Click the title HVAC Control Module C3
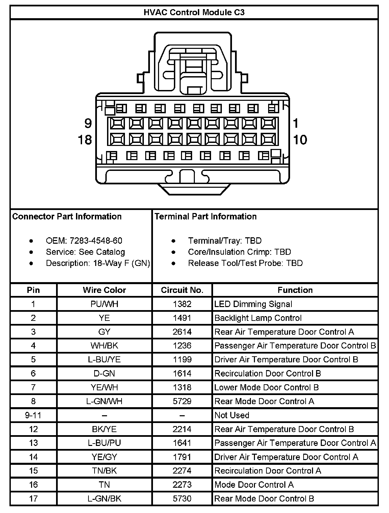194,12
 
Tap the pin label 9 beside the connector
88,124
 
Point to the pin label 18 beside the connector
85,139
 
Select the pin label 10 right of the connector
300,140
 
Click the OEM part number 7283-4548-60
96,241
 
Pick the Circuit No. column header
182,290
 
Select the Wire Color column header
104,290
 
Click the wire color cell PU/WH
104,304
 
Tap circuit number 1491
182,318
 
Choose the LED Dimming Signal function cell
253,304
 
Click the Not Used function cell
232,415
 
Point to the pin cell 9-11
33,415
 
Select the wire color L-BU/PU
104,443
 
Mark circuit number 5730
182,499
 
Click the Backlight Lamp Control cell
258,318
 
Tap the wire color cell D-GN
104,373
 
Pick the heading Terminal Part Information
206,216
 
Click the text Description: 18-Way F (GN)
98,263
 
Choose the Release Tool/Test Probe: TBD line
245,263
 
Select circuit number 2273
182,485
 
